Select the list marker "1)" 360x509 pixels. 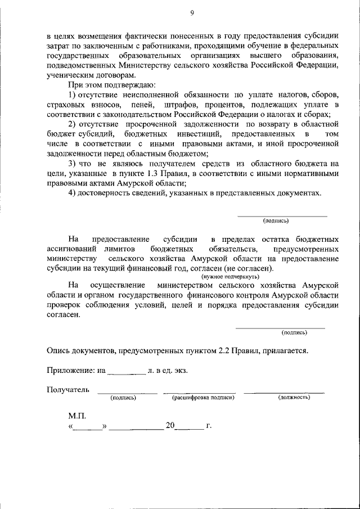pyautogui.click(x=71, y=94)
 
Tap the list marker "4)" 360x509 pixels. pyautogui.click(x=71, y=193)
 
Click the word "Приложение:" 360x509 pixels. pyautogui.click(x=70, y=371)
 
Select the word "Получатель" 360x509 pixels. pyautogui.click(x=68, y=389)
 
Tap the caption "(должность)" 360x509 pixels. pyautogui.click(x=294, y=398)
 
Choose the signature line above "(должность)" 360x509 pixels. pyautogui.click(x=283, y=393)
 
